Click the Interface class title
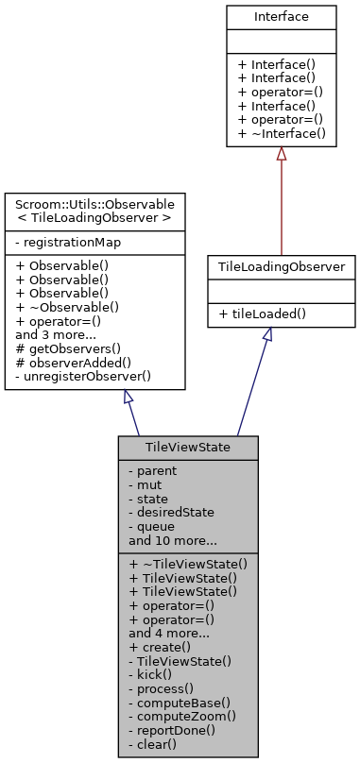tap(281, 17)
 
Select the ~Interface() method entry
tap(281, 134)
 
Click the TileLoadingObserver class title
tap(282, 267)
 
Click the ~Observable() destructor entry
tap(68, 306)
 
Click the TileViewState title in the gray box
tap(188, 447)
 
